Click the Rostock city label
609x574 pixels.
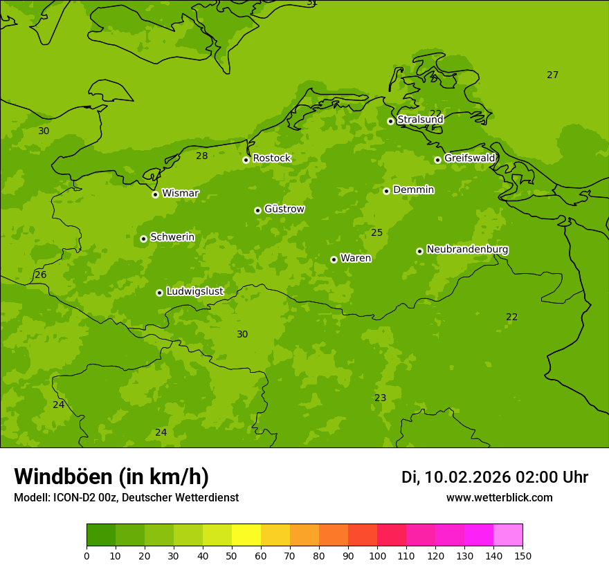[x=271, y=158]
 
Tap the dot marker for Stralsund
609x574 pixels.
[x=390, y=121]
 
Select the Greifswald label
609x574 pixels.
[x=469, y=158]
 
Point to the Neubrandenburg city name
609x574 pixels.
[x=467, y=250]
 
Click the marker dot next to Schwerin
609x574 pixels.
[x=143, y=239]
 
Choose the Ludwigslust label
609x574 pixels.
[x=194, y=292]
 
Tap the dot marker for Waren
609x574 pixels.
[x=334, y=259]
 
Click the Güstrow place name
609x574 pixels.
[x=284, y=209]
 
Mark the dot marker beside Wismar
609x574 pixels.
[x=155, y=194]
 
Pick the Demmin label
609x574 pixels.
[x=413, y=189]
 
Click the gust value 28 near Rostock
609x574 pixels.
[x=201, y=156]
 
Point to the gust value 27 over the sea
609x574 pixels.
[x=552, y=75]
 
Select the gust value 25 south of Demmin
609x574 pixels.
[x=376, y=233]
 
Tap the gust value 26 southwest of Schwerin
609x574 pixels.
[x=41, y=275]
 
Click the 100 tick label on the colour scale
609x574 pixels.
[x=377, y=555]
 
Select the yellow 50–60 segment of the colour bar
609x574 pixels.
[x=246, y=535]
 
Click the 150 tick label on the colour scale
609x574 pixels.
[x=522, y=555]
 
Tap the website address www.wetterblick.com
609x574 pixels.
[x=499, y=498]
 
